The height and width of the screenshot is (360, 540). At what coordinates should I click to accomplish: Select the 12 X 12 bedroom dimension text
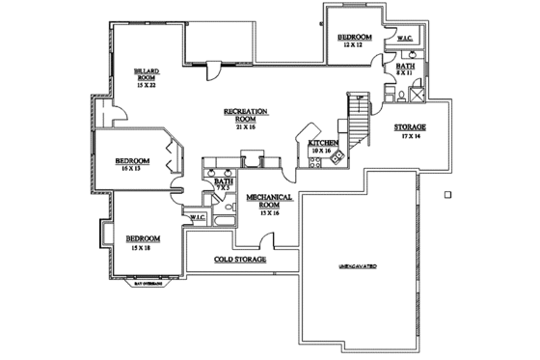coord(348,45)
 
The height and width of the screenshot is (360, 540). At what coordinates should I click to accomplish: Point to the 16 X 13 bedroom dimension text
coord(131,168)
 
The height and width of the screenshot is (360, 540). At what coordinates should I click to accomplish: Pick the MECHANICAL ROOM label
coord(263,200)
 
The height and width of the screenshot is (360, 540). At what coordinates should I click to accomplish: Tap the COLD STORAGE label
coord(241,260)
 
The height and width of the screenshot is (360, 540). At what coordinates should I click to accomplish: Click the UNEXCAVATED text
coord(357,263)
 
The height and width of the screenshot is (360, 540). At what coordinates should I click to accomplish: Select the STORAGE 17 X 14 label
coord(410,131)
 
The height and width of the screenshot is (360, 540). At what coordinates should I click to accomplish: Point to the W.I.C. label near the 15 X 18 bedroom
coord(198,218)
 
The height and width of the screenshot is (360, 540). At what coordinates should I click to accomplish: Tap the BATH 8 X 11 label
coord(405,69)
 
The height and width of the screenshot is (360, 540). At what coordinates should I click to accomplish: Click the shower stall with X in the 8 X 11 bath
coord(417,94)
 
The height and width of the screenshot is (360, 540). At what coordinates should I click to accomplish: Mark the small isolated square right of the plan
coord(449,194)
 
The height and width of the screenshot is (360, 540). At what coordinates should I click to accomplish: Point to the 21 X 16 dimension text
coord(245,126)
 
